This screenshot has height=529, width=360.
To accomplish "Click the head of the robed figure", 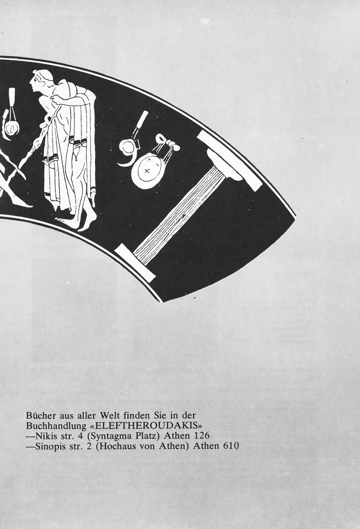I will click(x=42, y=81).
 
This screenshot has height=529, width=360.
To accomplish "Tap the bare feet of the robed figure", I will click(x=82, y=220).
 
